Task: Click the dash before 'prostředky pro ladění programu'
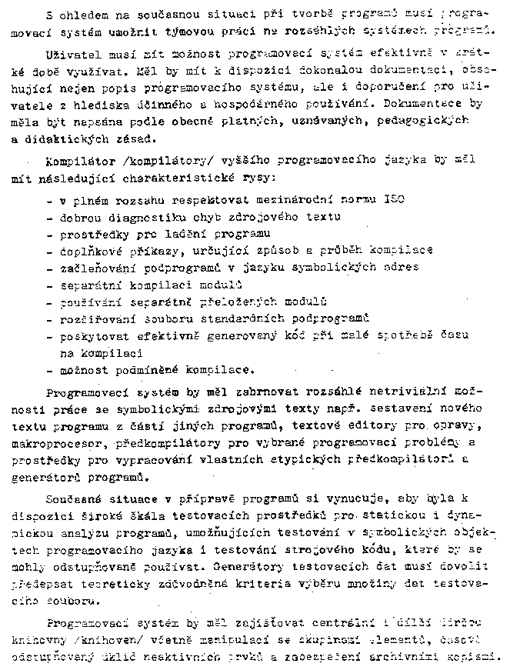pos(50,233)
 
